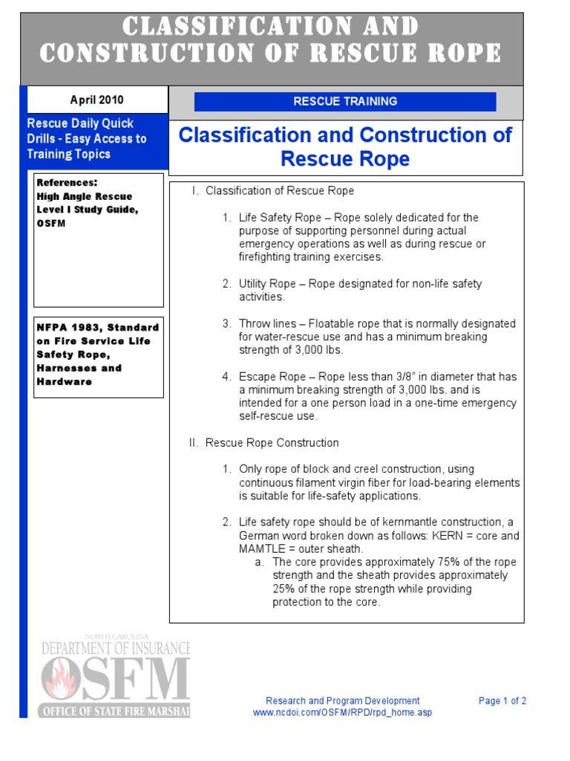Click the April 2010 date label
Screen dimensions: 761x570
[96, 100]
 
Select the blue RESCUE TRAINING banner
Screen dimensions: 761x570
[345, 102]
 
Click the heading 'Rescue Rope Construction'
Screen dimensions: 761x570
[272, 443]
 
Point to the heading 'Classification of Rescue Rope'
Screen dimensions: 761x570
[280, 191]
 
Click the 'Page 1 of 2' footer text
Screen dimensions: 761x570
[502, 701]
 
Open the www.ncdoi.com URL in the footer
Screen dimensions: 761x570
[342, 713]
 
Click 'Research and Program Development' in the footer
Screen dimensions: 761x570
[342, 701]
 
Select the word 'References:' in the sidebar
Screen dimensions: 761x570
[67, 183]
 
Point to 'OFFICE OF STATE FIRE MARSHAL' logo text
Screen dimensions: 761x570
[115, 710]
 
